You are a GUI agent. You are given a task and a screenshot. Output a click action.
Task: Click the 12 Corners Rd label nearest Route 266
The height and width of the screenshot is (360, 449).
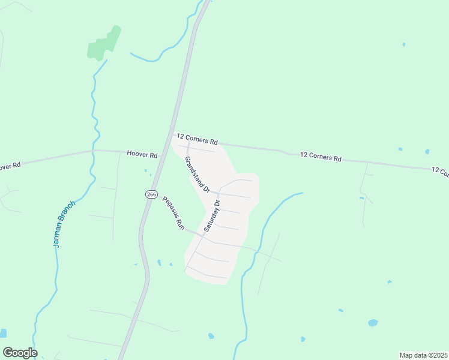[197, 140]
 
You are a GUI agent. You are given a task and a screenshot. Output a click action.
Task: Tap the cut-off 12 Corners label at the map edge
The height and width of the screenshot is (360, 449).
[440, 172]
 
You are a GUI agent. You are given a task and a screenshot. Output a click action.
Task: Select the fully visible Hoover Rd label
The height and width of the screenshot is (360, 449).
[142, 154]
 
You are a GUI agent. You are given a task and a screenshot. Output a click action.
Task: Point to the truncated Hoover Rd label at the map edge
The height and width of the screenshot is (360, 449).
[10, 165]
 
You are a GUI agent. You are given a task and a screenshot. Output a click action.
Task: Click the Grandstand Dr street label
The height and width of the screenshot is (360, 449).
[197, 175]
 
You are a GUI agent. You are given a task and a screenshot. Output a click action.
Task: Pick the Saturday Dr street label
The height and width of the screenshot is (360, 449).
[212, 216]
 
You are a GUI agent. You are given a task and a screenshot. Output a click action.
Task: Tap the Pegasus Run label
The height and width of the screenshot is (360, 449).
[171, 213]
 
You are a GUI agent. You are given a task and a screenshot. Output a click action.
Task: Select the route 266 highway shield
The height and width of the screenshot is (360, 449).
[151, 194]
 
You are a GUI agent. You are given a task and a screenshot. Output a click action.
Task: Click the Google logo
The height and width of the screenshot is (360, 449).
[20, 353]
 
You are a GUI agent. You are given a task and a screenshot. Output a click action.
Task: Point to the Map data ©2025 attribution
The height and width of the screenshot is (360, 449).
[424, 355]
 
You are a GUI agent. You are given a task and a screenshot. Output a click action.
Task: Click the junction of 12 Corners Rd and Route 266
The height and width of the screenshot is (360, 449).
[173, 134]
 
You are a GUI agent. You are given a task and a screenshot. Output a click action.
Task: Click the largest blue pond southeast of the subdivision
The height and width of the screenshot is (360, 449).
[373, 323]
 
